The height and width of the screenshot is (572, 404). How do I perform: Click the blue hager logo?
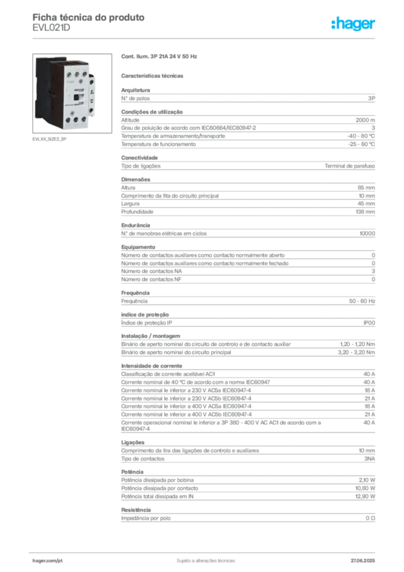pyautogui.click(x=354, y=25)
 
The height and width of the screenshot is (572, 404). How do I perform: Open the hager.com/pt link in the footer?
pyautogui.click(x=50, y=559)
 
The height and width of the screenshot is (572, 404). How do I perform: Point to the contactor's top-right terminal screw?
pyautogui.click(x=85, y=73)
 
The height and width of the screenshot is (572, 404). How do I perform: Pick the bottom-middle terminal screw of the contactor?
pyautogui.click(x=75, y=120)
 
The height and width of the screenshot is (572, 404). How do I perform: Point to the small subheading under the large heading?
pyautogui.click(x=153, y=75)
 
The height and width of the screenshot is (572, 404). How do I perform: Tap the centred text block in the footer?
pyautogui.click(x=202, y=558)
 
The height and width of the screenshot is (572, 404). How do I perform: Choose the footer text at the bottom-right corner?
pyautogui.click(x=366, y=558)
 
